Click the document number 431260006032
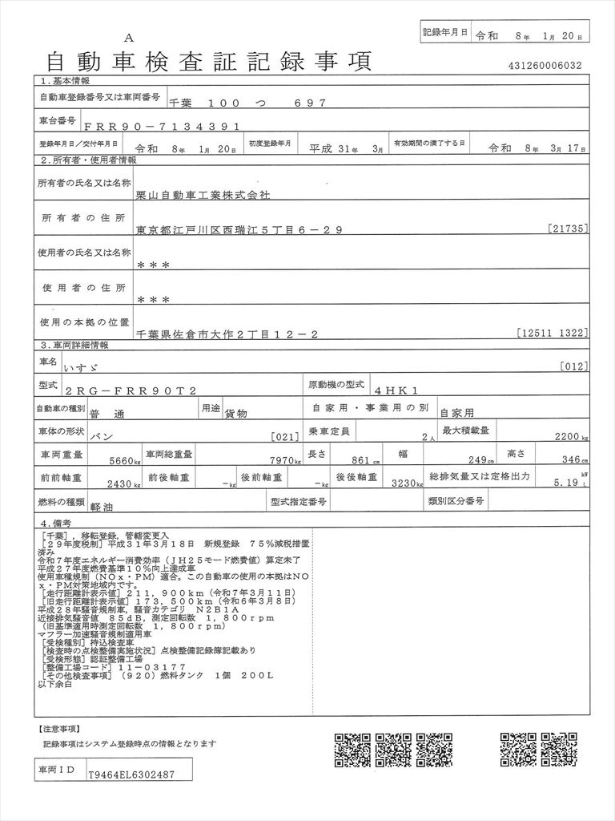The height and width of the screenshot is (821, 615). pos(545,66)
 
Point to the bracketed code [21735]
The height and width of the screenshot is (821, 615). pos(569,229)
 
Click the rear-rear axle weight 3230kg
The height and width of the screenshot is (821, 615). pos(405,483)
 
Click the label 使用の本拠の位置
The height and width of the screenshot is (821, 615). pos(84,322)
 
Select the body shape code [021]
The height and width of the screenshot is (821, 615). pos(285,437)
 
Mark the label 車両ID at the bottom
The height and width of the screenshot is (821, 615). pos(57,770)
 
